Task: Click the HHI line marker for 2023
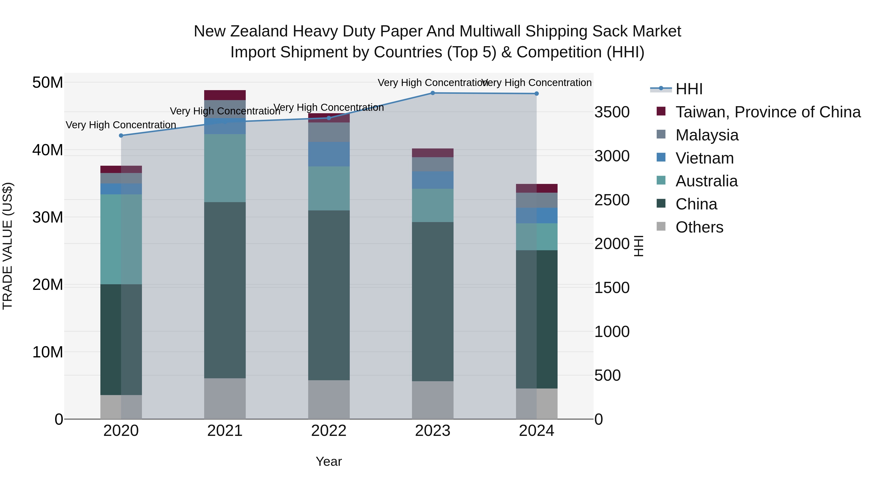click(x=432, y=93)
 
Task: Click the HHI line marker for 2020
click(x=121, y=136)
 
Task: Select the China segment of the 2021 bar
click(x=225, y=290)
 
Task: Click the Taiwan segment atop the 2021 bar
click(x=225, y=95)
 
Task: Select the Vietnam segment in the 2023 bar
click(x=432, y=180)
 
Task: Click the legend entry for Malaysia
click(x=707, y=135)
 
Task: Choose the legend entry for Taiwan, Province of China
click(x=768, y=112)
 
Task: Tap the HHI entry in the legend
click(x=689, y=89)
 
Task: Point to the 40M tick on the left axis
click(x=48, y=150)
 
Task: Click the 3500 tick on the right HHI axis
click(x=612, y=112)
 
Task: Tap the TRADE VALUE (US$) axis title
click(x=8, y=246)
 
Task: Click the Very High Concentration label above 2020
click(x=121, y=125)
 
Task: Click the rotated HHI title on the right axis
click(x=639, y=246)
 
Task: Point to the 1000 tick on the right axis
click(x=612, y=332)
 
